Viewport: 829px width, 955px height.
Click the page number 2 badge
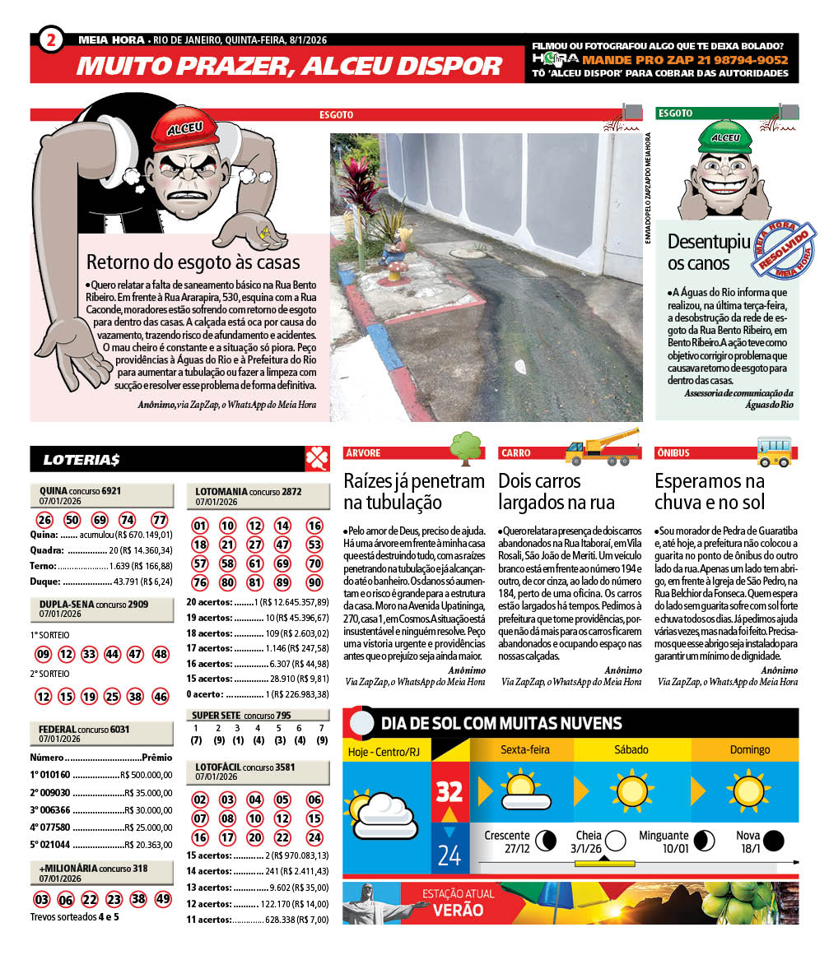coord(51,40)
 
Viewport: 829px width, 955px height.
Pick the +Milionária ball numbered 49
coord(162,899)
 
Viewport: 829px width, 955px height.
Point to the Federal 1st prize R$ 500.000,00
coord(146,774)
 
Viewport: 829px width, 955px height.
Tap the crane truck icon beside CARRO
coord(603,447)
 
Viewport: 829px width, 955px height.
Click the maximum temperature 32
coord(449,792)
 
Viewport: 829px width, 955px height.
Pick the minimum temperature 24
coord(449,856)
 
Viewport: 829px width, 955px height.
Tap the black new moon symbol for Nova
coord(772,841)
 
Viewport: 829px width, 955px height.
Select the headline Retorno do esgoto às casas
coord(193,263)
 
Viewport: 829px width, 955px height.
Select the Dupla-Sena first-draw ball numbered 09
coord(44,655)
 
